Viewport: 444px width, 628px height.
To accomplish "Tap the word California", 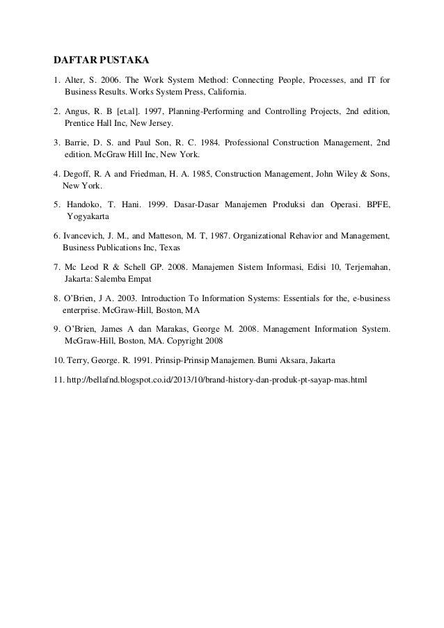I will [x=225, y=91].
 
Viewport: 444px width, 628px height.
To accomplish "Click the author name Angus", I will [x=75, y=111].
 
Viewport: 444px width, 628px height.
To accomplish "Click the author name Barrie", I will [x=76, y=143].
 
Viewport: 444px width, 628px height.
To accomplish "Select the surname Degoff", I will [x=77, y=173].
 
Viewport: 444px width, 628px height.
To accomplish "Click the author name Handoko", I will [x=85, y=205].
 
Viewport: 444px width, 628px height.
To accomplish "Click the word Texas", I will [x=169, y=248].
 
